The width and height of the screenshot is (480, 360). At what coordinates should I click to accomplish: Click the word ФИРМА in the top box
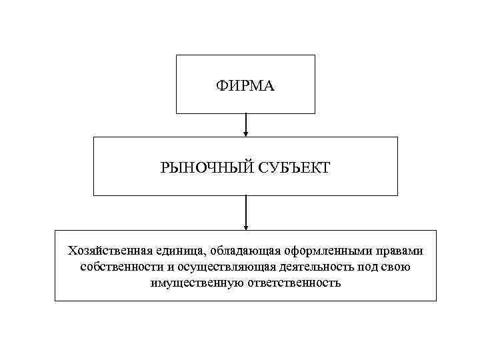point(245,85)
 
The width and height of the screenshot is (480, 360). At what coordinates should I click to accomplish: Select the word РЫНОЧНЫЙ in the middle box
point(204,167)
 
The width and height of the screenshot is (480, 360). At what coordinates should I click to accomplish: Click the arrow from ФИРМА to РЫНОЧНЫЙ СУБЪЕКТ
point(246,123)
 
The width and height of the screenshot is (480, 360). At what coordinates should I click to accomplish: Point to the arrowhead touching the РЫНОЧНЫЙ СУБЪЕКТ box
point(246,134)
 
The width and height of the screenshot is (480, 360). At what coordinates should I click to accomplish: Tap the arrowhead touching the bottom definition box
point(246,227)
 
